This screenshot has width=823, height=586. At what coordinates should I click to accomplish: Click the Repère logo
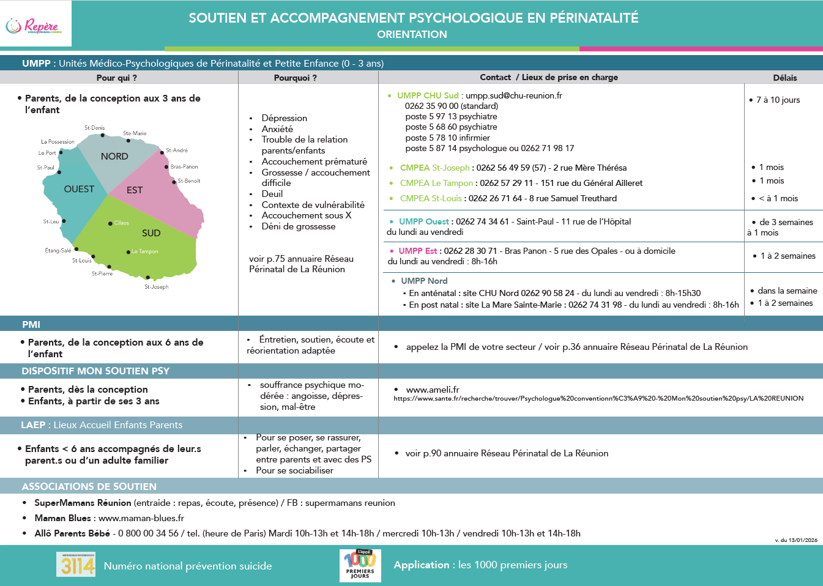33,26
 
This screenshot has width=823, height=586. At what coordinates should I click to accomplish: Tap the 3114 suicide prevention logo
76,565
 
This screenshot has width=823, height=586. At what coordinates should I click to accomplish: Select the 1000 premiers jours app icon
360,565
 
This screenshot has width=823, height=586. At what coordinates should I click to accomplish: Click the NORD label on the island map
114,157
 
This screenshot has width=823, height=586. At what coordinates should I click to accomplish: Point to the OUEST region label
79,189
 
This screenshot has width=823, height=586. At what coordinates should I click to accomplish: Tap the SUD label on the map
151,233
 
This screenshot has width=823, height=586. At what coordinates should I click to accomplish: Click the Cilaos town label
121,223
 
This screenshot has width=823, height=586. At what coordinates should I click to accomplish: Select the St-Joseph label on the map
156,286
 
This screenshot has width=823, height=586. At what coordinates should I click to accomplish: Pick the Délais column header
784,78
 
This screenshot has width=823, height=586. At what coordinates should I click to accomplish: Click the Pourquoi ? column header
295,78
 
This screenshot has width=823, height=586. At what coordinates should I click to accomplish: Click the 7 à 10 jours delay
778,100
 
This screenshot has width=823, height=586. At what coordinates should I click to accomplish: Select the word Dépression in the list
284,118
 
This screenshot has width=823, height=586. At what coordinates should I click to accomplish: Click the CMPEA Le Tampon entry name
436,183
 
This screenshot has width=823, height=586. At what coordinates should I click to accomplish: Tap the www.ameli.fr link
432,390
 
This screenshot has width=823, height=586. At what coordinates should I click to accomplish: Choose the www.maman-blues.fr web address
141,518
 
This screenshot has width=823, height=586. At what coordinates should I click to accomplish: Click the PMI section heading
31,324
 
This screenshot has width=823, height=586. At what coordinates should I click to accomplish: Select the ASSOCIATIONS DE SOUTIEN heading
89,486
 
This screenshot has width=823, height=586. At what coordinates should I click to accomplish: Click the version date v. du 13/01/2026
795,540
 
